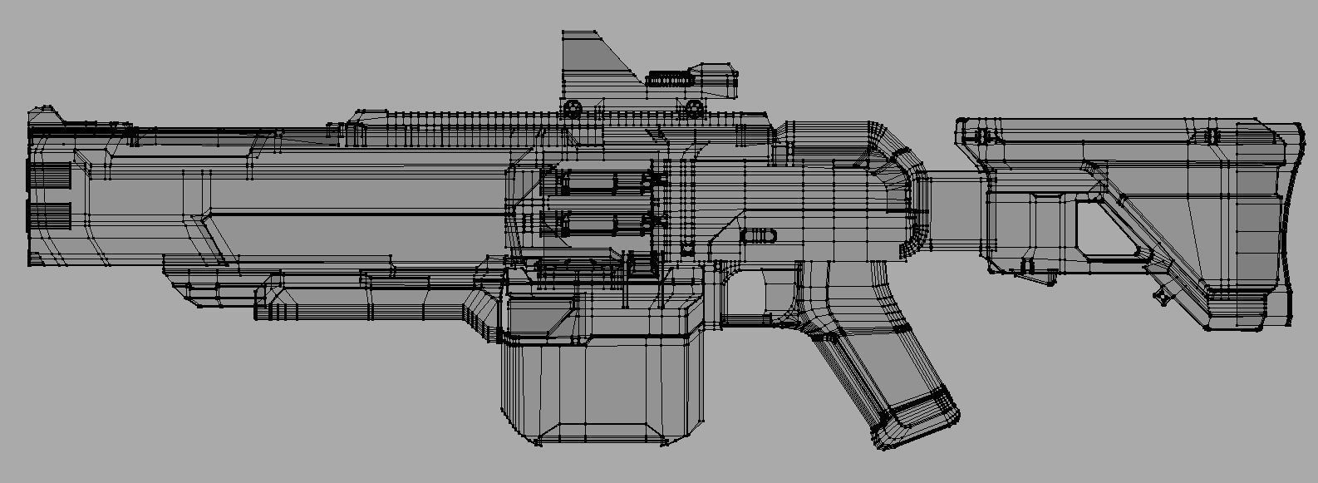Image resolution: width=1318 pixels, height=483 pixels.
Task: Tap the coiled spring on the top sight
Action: [x=669, y=77]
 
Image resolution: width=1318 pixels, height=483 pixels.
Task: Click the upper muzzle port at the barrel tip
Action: [x=50, y=175]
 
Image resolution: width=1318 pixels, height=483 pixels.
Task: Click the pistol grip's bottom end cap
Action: [x=914, y=417]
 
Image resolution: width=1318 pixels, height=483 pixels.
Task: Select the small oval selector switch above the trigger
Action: [x=760, y=236]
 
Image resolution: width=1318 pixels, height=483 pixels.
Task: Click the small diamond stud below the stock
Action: [x=1160, y=295]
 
